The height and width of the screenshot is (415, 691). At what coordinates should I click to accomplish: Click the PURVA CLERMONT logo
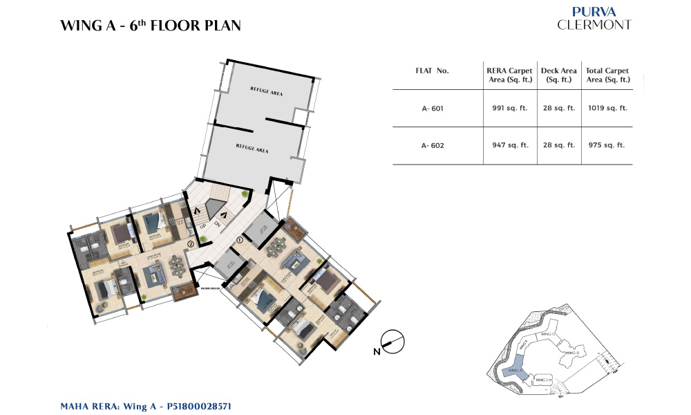click(x=594, y=19)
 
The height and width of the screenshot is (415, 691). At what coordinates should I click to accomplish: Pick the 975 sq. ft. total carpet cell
click(x=607, y=145)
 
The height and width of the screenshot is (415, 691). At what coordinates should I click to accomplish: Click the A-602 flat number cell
click(x=433, y=145)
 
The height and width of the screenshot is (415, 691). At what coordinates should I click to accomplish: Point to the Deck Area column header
click(x=559, y=75)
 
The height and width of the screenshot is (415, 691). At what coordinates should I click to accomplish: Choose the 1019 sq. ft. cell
click(x=607, y=108)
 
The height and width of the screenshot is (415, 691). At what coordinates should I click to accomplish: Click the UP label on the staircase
click(x=202, y=226)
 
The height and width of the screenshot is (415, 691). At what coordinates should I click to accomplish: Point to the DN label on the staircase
click(x=216, y=224)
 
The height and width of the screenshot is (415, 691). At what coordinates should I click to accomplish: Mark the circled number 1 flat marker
click(x=240, y=240)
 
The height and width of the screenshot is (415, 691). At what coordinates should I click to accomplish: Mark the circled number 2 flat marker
click(x=190, y=243)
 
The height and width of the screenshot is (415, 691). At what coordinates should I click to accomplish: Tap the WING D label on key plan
click(x=571, y=353)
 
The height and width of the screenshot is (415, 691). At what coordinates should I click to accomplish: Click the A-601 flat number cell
click(x=433, y=108)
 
